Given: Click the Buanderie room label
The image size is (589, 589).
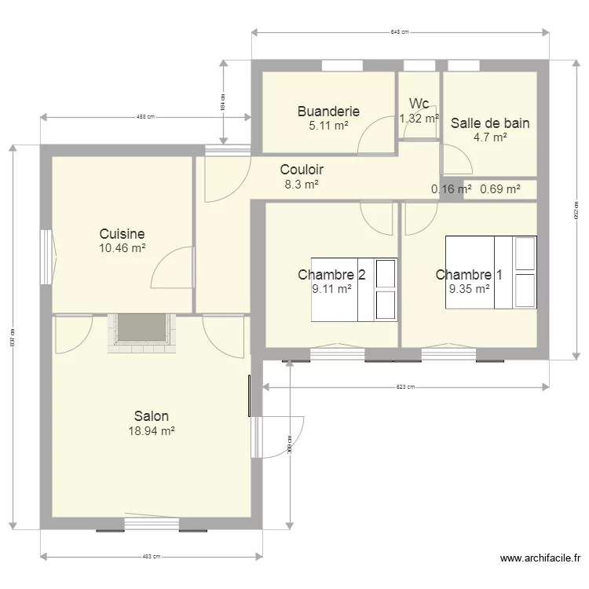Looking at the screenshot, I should point(328,112).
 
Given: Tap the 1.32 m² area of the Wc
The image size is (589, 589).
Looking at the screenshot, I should point(419,119).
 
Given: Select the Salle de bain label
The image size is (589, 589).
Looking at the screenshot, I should point(489,123).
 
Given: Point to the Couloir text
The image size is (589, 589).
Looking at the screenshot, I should point(302,170).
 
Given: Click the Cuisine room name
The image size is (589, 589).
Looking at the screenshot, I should point(122,233).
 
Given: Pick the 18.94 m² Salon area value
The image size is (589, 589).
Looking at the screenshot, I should point(151,430).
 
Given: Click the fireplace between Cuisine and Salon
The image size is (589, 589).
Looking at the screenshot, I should point(141,329).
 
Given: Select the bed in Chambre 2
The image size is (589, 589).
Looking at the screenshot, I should point(354,289).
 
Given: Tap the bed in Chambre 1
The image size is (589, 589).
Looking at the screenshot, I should point(491,272).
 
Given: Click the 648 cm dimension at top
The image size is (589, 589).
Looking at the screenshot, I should point(400,32).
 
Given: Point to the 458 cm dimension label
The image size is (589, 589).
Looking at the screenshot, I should point(145,118).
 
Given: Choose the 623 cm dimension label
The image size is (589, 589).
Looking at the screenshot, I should point(405,386).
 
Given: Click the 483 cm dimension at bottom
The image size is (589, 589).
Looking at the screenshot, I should point(151,556).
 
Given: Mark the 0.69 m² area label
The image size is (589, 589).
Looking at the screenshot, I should point(499,189).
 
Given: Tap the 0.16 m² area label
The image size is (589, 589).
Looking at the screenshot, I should point(452,189).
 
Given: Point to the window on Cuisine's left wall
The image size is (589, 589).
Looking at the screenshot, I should point(46,258).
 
